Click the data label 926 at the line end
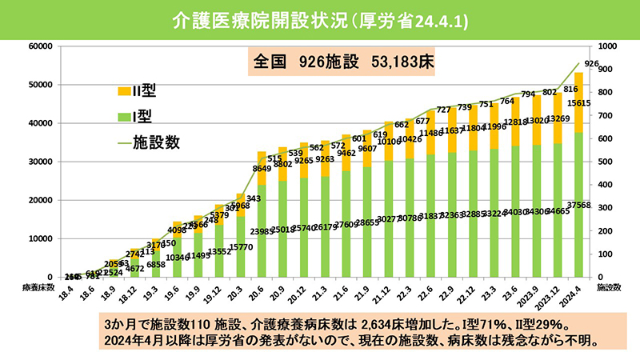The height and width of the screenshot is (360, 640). pos(592,63)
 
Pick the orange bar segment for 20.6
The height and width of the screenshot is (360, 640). pos(261,168)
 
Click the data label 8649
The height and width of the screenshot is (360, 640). pos(261,169)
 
